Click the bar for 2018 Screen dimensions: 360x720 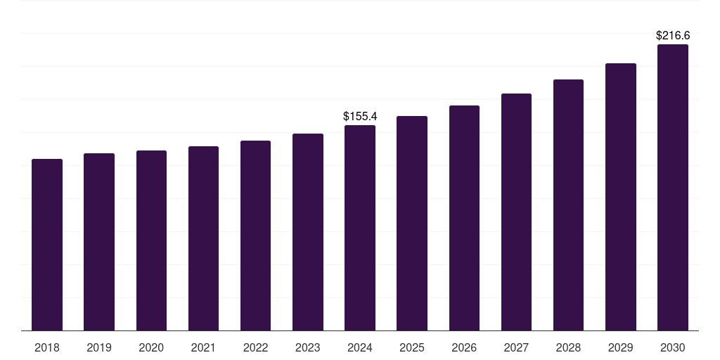coord(47,245)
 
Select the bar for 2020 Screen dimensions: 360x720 coord(151,240)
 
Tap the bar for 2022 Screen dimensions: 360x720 coord(255,236)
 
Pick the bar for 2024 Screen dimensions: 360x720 coord(360,228)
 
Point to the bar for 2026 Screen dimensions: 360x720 coord(464,218)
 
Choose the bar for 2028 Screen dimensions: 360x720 coord(568,205)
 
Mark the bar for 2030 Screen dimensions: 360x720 coord(673,187)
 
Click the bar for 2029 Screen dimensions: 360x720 coord(621,197)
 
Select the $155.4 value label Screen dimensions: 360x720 coord(360,116)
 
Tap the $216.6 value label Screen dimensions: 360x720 coord(673,35)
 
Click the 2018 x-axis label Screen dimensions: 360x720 coord(47,347)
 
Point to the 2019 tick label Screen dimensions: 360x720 coord(99,347)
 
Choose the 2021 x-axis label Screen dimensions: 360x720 coord(203,347)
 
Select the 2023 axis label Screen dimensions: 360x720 coord(308,347)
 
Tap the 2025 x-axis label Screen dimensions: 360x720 coord(412,347)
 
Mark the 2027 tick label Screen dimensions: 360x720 coord(516,347)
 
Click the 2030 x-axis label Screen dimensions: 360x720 coord(673,347)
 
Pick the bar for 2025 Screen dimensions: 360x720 coord(412,223)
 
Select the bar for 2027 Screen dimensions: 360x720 coord(516,212)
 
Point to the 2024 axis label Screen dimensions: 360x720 coord(360,347)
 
